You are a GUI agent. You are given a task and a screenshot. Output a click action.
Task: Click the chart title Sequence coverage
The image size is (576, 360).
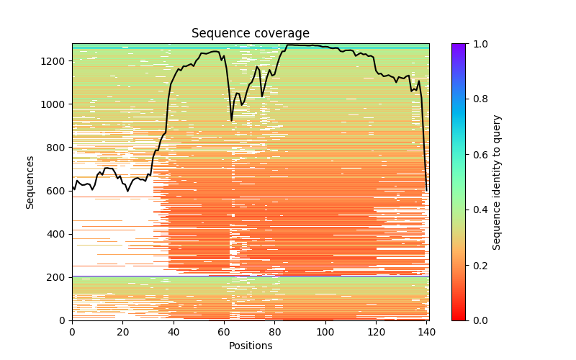(250, 34)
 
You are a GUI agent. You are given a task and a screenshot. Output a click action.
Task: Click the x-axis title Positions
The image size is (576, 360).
(250, 346)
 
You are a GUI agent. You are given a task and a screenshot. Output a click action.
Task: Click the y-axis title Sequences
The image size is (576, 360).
(30, 181)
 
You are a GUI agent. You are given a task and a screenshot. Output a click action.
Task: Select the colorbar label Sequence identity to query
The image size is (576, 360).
(497, 181)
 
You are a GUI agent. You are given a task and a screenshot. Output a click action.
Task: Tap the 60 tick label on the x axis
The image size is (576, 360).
(224, 331)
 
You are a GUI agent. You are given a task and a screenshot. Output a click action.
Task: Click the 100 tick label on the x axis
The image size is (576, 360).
(325, 331)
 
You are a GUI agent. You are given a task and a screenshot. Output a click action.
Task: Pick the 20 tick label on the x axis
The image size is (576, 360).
(122, 331)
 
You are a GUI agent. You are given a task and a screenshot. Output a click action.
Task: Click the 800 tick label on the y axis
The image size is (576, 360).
(58, 148)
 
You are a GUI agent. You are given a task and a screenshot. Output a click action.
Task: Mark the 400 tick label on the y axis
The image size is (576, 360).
(58, 234)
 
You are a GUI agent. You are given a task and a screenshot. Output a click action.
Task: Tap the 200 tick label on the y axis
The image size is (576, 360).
(58, 277)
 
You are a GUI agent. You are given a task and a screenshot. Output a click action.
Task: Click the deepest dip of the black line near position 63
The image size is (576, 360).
(232, 120)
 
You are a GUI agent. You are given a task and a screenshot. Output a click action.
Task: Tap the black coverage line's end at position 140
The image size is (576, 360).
(427, 190)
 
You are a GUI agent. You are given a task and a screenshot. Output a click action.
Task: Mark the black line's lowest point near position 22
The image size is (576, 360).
(127, 191)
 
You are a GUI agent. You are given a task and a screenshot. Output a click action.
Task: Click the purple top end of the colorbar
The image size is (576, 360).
(458, 45)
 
